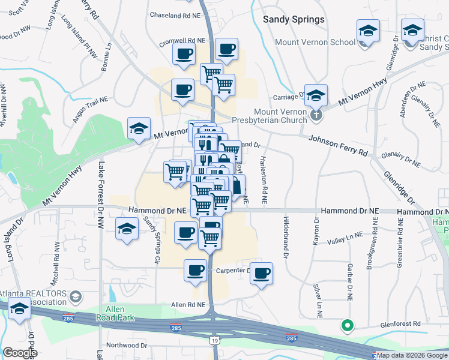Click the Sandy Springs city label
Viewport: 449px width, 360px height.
(294, 19)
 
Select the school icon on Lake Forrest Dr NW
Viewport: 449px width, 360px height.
(127, 229)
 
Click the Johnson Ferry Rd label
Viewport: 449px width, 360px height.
(338, 146)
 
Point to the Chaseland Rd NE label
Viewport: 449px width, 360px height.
(175, 14)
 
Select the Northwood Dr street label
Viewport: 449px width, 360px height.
(127, 346)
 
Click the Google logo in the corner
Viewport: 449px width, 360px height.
(20, 353)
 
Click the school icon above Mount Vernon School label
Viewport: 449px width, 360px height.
(368, 29)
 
